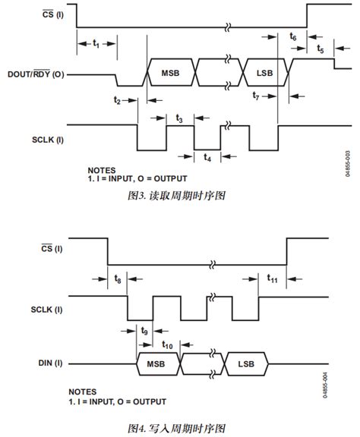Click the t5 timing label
click(x=320, y=49)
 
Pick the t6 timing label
click(x=293, y=37)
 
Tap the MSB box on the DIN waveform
click(x=156, y=364)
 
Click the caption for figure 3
click(x=177, y=195)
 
